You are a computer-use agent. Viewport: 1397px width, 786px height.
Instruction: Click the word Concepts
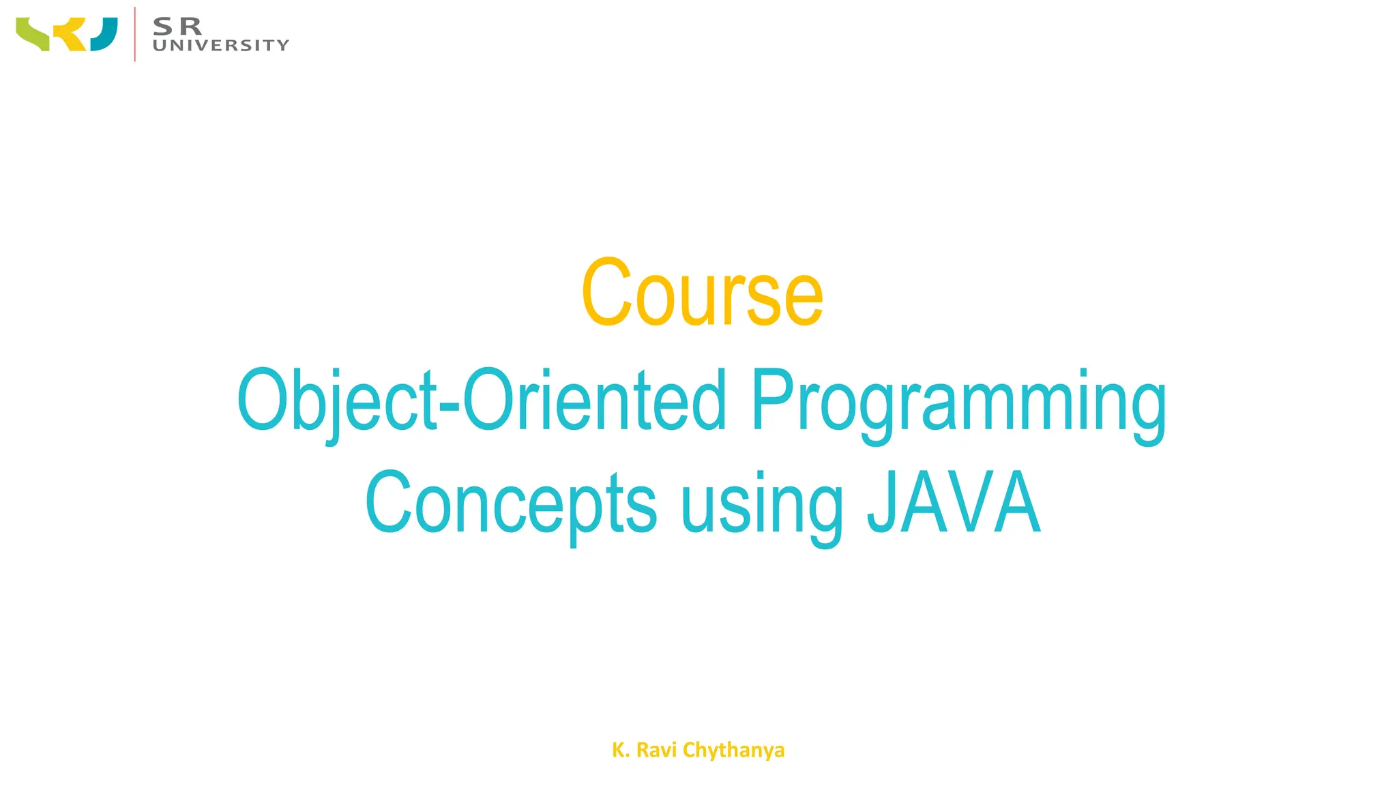[x=511, y=504]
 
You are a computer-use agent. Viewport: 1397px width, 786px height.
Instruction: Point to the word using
[x=762, y=506]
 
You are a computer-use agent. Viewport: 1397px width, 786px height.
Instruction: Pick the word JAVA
[x=954, y=502]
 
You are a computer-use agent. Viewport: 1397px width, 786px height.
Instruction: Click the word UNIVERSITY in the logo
[x=221, y=46]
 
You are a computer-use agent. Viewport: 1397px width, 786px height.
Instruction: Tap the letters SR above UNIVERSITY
[x=177, y=27]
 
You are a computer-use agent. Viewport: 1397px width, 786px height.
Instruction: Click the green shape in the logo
[x=32, y=34]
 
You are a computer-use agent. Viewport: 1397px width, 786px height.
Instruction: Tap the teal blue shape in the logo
[x=104, y=35]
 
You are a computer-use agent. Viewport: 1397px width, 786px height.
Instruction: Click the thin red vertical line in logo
[x=135, y=34]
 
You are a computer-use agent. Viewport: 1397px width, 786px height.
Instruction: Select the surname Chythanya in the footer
[x=733, y=751]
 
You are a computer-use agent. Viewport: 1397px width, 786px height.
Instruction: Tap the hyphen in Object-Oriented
[x=450, y=408]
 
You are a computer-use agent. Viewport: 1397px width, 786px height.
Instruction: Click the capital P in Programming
[x=773, y=398]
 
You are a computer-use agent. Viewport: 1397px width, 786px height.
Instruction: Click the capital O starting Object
[x=260, y=400]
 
